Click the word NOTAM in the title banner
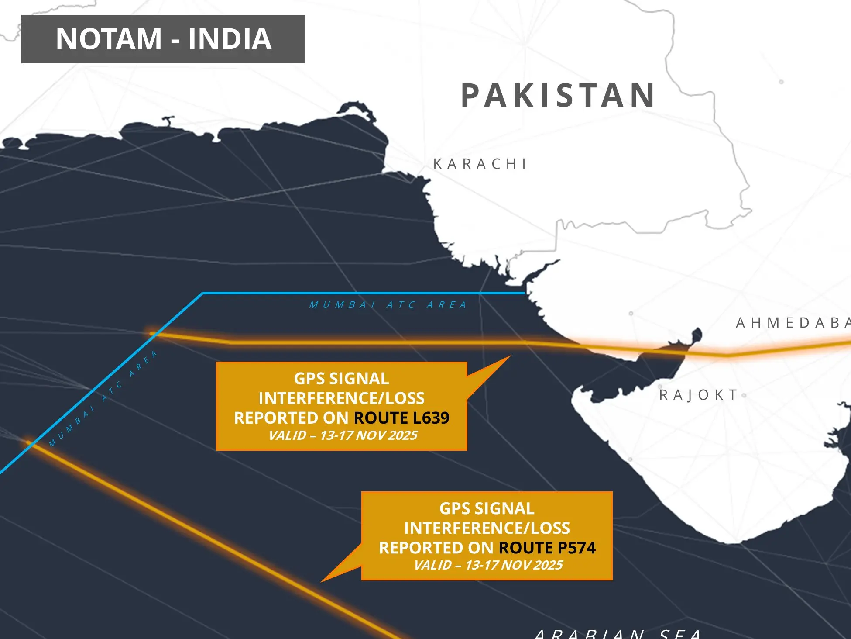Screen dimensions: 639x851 pyautogui.click(x=109, y=39)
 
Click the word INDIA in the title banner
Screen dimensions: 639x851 pyautogui.click(x=230, y=39)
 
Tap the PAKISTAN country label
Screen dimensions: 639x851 pyautogui.click(x=558, y=96)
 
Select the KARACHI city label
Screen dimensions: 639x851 pyautogui.click(x=480, y=164)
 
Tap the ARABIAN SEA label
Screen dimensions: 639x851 pyautogui.click(x=618, y=633)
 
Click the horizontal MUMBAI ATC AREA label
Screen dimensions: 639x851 pyautogui.click(x=388, y=305)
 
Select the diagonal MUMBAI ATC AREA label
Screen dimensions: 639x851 pyautogui.click(x=103, y=398)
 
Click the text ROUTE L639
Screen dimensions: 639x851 pyautogui.click(x=401, y=418)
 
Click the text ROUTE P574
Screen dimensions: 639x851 pyautogui.click(x=547, y=548)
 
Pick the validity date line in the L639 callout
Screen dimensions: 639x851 pyautogui.click(x=343, y=435)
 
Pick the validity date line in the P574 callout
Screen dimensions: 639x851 pyautogui.click(x=488, y=565)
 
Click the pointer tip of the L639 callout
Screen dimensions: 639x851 pyautogui.click(x=510, y=356)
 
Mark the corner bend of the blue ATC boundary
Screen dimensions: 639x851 pyautogui.click(x=202, y=294)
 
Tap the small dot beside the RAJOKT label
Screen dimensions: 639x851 pyautogui.click(x=744, y=396)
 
